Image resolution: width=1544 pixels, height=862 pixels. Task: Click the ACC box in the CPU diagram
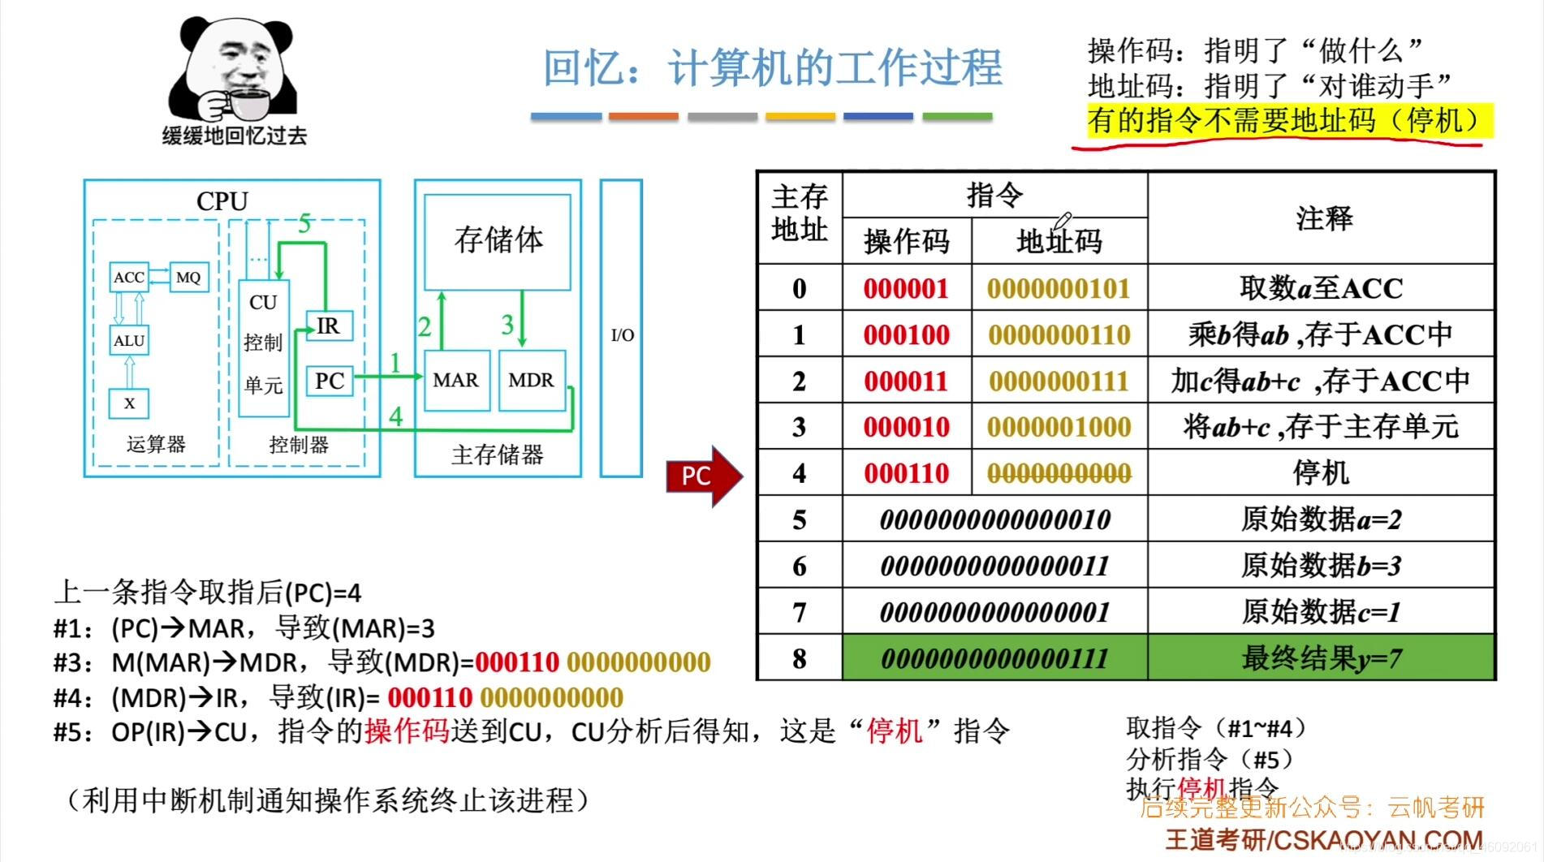coord(129,277)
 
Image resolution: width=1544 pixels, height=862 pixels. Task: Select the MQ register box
coord(188,277)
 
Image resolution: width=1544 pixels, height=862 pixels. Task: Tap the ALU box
coord(129,340)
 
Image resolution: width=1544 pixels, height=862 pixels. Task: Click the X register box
coord(129,403)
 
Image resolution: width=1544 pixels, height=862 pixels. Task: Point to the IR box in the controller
coord(329,325)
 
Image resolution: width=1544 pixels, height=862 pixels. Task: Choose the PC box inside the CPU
coord(330,381)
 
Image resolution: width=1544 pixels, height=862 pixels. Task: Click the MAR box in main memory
coord(456,380)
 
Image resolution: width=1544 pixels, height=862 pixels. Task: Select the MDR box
coord(531,380)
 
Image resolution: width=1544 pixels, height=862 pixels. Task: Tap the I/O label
coord(622,334)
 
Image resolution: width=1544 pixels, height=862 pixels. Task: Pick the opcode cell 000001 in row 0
coord(906,288)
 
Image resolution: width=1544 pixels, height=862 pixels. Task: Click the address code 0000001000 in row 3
coord(1059,427)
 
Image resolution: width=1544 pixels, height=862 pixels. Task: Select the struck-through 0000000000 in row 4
coord(1059,473)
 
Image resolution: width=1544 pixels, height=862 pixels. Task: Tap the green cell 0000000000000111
coord(994,657)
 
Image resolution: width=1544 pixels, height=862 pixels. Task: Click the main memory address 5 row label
coord(799,519)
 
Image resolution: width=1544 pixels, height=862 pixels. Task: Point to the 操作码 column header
coord(906,241)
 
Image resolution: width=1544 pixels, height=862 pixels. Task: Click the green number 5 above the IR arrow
coord(304,223)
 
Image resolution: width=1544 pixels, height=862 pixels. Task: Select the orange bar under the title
coord(643,117)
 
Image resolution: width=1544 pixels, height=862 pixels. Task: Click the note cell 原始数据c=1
coord(1321,611)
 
